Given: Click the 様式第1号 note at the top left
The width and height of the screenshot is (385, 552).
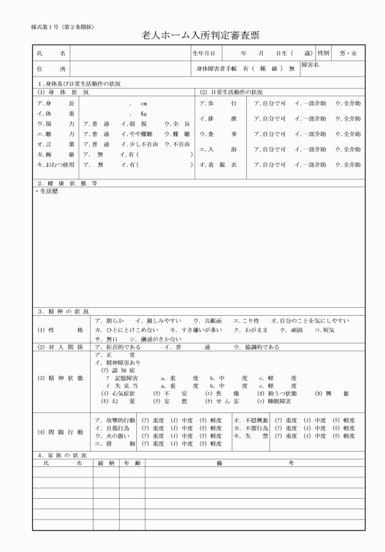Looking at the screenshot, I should click(x=62, y=28).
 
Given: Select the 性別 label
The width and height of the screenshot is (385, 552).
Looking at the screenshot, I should click(x=323, y=54).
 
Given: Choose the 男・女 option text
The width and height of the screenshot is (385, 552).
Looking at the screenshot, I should click(x=352, y=54).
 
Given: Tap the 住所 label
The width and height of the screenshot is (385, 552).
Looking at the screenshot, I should click(x=51, y=69).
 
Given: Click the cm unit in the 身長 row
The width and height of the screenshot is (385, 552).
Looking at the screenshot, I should click(x=144, y=104).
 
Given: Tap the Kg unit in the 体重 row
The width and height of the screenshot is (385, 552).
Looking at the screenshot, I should click(x=144, y=114).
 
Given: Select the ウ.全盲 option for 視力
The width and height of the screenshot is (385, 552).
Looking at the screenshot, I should click(x=177, y=124).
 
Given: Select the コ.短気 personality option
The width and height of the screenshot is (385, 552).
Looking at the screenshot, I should click(x=324, y=330).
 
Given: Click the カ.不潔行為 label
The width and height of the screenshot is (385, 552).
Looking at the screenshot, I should click(x=250, y=428).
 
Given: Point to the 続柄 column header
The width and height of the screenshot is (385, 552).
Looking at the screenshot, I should click(x=106, y=463).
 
